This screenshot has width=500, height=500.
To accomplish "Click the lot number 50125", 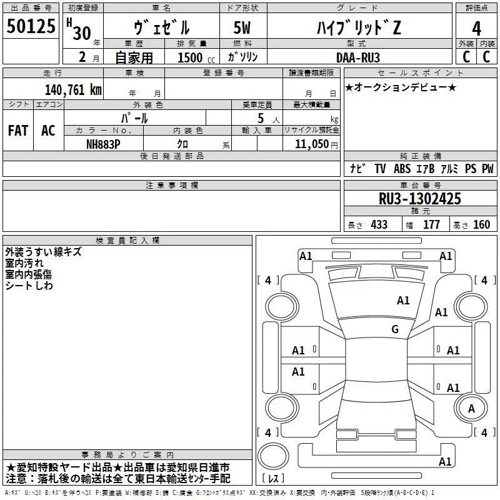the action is pos(31,26).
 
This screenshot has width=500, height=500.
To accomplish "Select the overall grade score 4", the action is pos(476,29).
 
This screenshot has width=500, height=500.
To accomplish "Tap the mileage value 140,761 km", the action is pos(73,90).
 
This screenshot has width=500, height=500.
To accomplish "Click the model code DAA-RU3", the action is pos(357,57).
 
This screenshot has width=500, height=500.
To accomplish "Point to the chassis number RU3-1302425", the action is pos(419,199).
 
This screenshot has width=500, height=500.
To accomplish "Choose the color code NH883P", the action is pos(103,144).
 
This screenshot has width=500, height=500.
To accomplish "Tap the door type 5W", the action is pos(242,27).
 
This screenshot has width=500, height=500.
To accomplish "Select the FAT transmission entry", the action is pos(18,131).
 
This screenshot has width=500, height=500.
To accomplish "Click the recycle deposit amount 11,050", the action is pos(311,144).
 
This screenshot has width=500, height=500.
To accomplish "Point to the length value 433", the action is pos(379,224).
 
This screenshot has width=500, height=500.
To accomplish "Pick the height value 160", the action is pos(481,224).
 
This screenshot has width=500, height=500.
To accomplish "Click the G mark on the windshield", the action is pos(395,329).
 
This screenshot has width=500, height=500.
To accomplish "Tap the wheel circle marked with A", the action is pos(471,408).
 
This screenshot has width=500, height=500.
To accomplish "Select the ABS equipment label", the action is pos(402,168).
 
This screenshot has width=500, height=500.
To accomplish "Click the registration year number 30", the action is pos(82,33).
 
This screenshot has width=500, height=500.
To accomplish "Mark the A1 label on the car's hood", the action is pos(403,301).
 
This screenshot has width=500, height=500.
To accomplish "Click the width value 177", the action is pos(431,224).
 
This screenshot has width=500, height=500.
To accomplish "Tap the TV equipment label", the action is pos(380,168).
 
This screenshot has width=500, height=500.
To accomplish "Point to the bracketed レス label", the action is pos(273,478).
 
